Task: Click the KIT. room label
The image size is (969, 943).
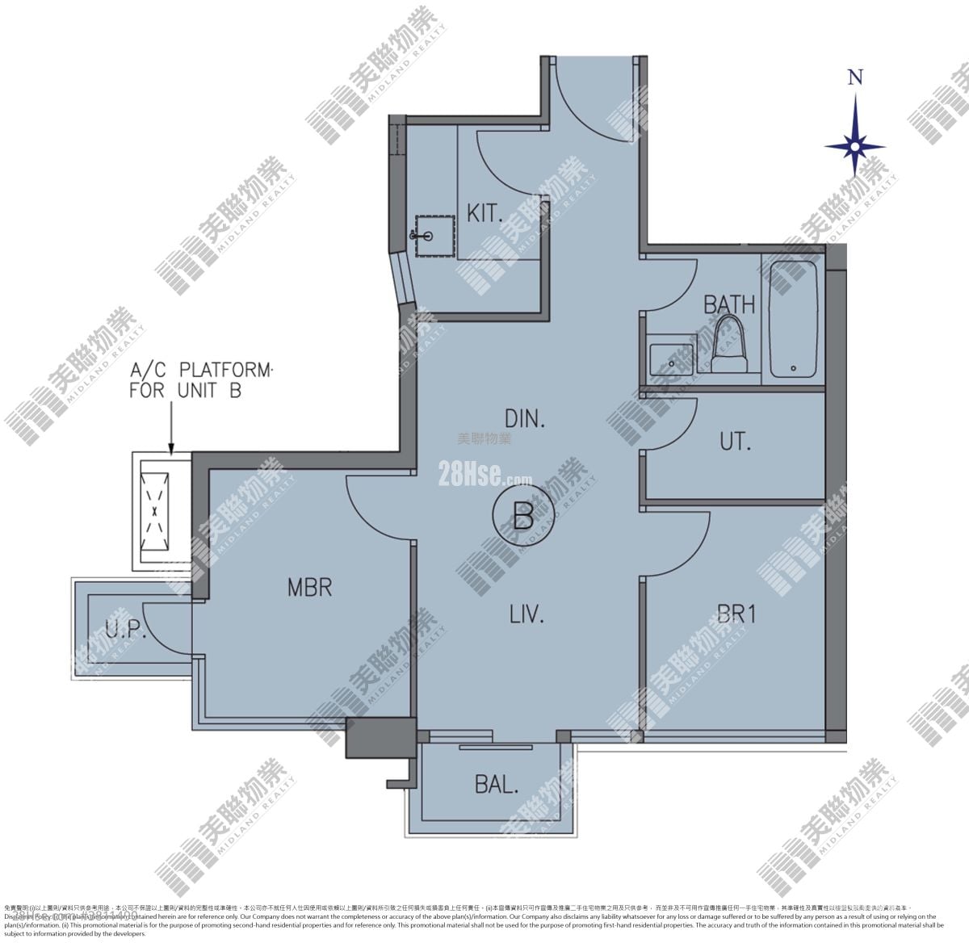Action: click(x=484, y=213)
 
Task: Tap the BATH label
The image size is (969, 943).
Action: click(x=728, y=304)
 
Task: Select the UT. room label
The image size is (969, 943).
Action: click(x=735, y=442)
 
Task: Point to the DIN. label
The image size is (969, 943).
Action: click(x=526, y=419)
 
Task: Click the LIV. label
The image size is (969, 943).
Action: click(x=526, y=614)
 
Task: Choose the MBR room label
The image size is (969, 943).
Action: click(x=309, y=587)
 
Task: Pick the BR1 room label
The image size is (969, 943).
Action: click(x=736, y=614)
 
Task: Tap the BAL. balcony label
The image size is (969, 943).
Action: click(x=496, y=784)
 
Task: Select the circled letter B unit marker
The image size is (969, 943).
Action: click(x=523, y=513)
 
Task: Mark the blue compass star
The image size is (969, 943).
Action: click(x=854, y=146)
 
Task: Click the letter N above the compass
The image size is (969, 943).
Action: click(x=855, y=78)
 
